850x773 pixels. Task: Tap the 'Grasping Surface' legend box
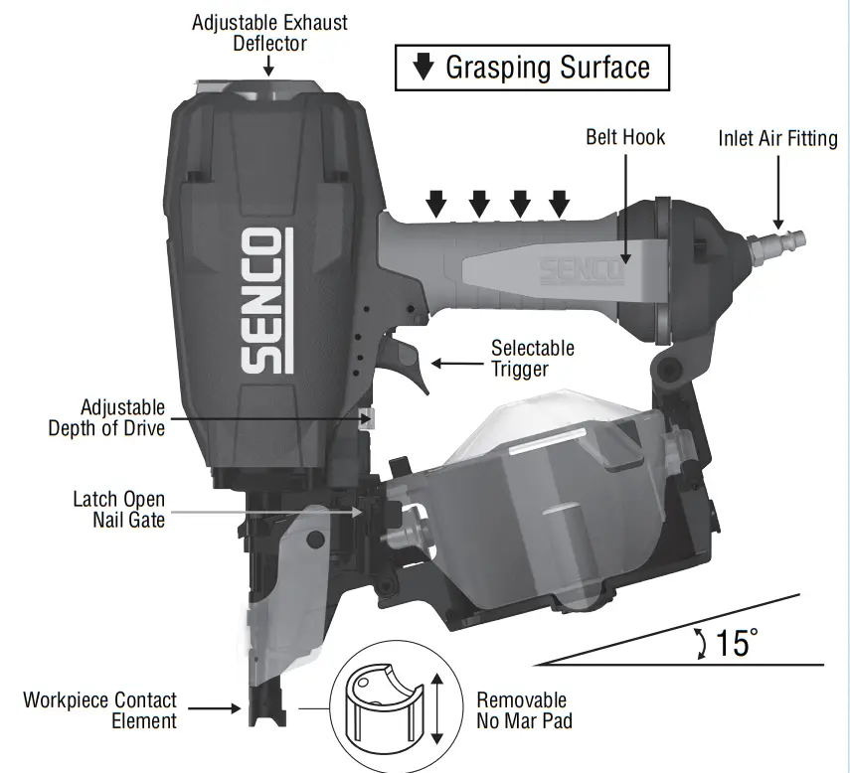coord(532,68)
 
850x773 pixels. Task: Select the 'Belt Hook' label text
coord(624,137)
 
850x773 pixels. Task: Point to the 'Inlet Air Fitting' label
coord(777,139)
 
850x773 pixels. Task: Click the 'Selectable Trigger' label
coord(533,359)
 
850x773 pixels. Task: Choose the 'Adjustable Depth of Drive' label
coord(106,418)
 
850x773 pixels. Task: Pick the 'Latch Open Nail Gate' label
coord(118,509)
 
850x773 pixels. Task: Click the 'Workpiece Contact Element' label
coord(99,710)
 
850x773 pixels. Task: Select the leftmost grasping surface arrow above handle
coord(436,205)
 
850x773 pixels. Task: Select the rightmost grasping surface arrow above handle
coord(560,205)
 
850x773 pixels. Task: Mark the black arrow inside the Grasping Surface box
coord(424,68)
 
